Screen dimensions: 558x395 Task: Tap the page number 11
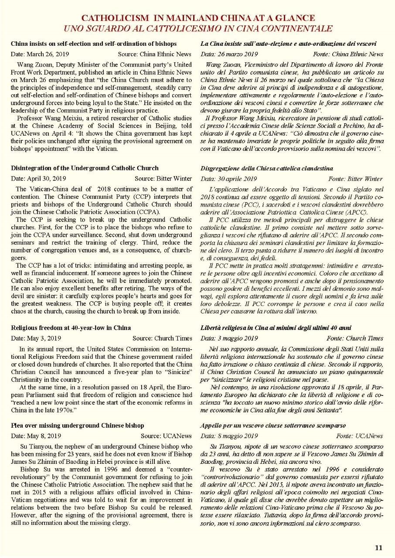378,548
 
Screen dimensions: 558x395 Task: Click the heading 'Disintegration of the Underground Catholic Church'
85,168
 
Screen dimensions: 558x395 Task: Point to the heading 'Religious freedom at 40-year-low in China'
71,327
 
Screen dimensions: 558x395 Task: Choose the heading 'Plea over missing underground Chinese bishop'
77,425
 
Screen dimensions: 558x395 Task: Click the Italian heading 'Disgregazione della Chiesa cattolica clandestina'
267,168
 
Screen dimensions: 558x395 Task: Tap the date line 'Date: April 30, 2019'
38,178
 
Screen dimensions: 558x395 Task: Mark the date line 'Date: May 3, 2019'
36,338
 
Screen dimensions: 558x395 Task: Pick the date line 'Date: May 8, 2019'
36,436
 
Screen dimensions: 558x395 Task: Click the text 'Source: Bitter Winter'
163,178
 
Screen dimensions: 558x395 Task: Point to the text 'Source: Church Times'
162,338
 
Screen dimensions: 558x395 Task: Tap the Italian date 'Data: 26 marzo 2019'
229,54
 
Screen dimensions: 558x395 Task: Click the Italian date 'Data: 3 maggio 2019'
229,338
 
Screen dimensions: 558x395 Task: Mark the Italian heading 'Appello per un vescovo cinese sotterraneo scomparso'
273,425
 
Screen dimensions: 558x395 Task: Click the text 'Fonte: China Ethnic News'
348,54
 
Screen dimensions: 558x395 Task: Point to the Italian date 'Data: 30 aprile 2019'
229,179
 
